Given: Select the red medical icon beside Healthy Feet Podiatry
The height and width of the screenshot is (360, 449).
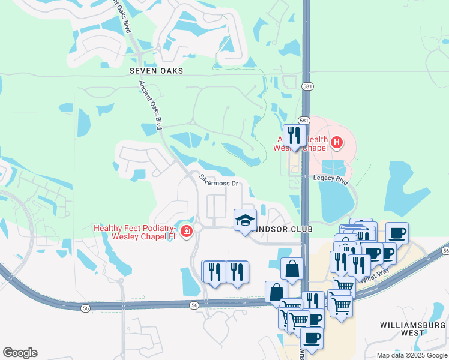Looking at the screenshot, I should point(187,232).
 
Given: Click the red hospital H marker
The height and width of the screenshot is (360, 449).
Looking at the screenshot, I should point(337,142).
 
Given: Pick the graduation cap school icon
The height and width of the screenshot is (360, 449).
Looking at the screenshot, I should point(245,220).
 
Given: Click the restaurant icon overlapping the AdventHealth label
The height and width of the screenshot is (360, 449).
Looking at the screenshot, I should point(294,135).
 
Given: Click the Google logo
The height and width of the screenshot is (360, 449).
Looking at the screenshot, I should point(20,353).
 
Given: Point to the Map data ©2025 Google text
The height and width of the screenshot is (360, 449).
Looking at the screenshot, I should point(412,355).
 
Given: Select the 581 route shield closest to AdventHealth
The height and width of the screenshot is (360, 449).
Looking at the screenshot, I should point(305,121).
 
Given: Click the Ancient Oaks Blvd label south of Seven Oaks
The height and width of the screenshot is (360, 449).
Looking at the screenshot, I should point(151,105).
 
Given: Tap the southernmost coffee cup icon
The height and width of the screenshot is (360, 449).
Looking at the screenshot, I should point(311,338).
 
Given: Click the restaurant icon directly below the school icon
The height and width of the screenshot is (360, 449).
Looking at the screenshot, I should point(237,272).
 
